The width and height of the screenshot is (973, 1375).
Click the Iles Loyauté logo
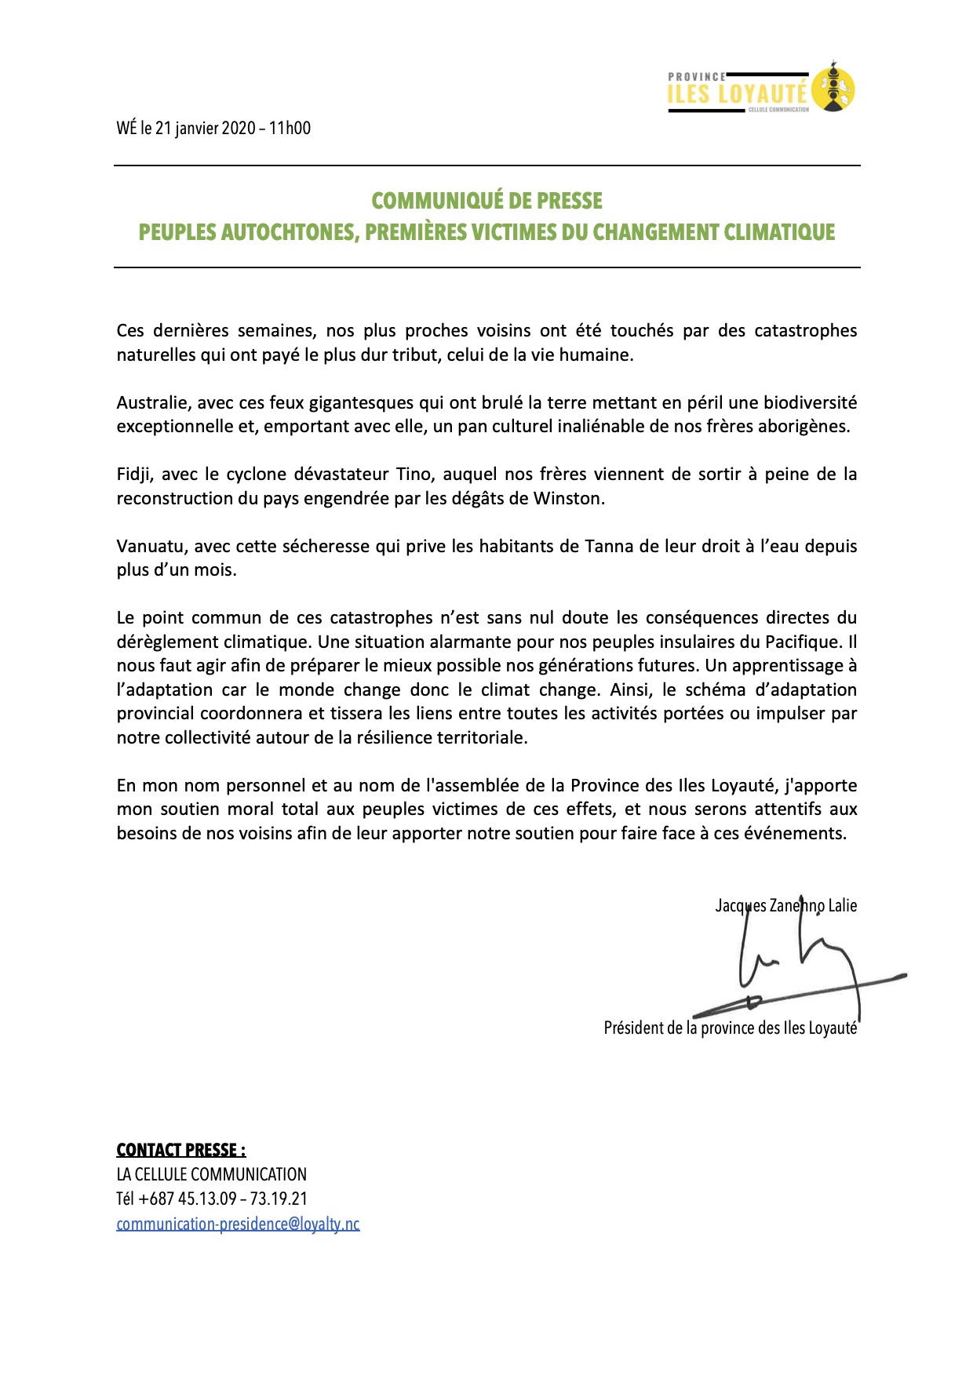click(760, 88)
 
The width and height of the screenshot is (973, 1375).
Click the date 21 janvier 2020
click(205, 128)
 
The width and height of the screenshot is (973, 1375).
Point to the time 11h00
click(290, 128)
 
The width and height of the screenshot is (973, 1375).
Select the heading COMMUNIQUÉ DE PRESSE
click(486, 201)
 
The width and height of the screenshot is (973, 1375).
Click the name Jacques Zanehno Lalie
click(785, 906)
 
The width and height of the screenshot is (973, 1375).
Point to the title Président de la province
click(730, 1028)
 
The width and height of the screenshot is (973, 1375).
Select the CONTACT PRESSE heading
click(180, 1150)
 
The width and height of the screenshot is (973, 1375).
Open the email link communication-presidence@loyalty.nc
click(238, 1224)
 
